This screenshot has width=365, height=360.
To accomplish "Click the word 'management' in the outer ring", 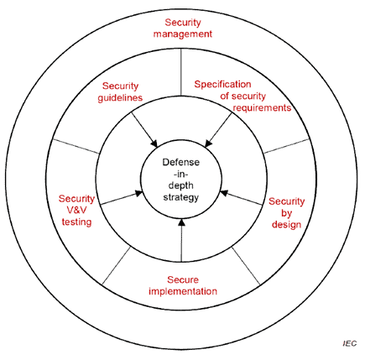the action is [x=183, y=34].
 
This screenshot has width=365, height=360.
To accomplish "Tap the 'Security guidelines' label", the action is [x=120, y=91].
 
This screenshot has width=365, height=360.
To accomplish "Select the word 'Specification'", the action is [x=222, y=84].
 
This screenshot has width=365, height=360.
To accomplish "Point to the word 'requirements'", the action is [x=262, y=107].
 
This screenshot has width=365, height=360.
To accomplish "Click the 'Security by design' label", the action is [x=287, y=213].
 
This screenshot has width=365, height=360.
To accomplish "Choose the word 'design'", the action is [x=287, y=224].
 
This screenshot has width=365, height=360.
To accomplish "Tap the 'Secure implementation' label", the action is [x=183, y=285].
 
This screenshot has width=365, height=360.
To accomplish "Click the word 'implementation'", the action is [x=183, y=291].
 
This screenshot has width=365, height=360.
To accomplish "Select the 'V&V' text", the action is [x=76, y=211].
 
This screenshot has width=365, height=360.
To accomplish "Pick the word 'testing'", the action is [x=76, y=222].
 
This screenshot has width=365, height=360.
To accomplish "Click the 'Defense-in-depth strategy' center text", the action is [x=181, y=180].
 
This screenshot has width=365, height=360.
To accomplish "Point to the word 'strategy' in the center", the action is [x=181, y=197].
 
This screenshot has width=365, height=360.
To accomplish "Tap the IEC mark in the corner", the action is [x=350, y=343].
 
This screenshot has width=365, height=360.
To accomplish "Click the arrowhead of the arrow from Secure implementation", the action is [x=181, y=222].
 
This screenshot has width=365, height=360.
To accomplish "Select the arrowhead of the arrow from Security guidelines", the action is [x=154, y=143].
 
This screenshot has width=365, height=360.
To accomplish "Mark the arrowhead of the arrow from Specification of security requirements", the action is [x=208, y=143].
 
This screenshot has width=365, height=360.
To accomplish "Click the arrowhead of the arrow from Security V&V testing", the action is [x=139, y=193].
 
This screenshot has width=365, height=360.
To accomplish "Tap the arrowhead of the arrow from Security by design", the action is [x=224, y=193].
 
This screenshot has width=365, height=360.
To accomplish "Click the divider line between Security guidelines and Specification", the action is [x=181, y=72].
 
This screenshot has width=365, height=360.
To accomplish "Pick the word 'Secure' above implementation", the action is [x=183, y=279].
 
